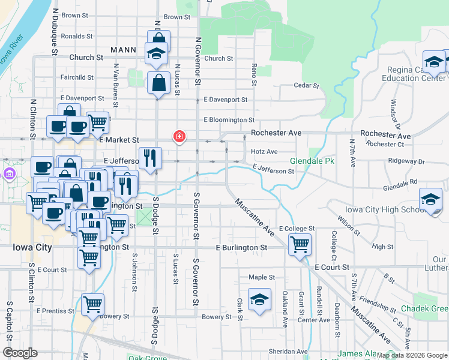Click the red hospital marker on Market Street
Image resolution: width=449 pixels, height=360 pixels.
[x=178, y=137]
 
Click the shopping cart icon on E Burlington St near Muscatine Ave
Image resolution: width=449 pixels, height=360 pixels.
[x=299, y=244]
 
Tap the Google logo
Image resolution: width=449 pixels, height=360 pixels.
[x=20, y=353]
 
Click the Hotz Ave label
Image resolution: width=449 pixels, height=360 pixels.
[x=264, y=152]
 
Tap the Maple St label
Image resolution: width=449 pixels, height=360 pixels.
[x=262, y=277]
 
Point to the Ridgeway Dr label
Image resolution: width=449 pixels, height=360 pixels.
[x=406, y=161]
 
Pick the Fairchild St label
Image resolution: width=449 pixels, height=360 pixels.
[x=77, y=77]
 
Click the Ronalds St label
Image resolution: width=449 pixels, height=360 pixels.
[x=77, y=36]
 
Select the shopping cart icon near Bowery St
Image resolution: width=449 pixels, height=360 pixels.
[x=92, y=304]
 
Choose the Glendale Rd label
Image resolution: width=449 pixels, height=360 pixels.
[x=400, y=182]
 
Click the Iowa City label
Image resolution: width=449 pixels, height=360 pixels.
[x=33, y=247]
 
